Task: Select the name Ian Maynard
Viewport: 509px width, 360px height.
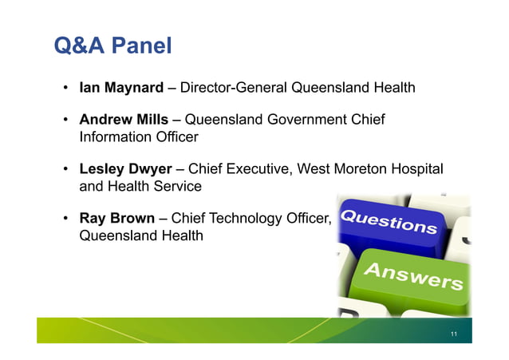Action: tap(120, 87)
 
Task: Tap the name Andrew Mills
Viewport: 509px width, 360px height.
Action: tap(124, 120)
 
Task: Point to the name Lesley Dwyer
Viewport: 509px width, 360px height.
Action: tap(125, 169)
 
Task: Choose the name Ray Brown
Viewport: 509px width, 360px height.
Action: tap(116, 218)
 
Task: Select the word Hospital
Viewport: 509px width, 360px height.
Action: tap(419, 169)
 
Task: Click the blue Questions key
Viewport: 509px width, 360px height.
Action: tap(389, 221)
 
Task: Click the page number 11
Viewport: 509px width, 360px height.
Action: tap(453, 333)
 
